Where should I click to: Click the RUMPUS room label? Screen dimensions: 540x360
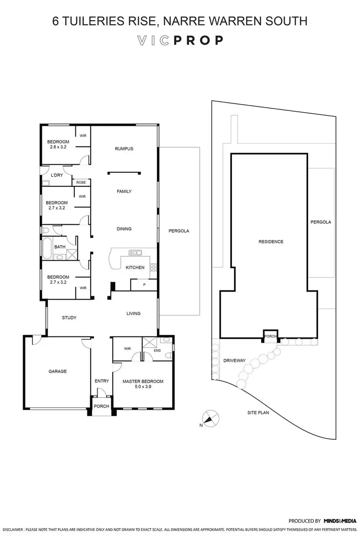coord(124,149)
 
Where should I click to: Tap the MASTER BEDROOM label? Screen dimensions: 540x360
coord(143,382)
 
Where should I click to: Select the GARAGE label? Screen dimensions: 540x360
coord(57,371)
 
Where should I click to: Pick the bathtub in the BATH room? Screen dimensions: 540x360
coord(47,249)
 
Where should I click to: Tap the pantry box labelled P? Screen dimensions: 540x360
coord(144,285)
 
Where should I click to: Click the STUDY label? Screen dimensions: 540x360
coord(69,318)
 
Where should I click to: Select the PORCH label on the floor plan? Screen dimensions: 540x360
coord(101,407)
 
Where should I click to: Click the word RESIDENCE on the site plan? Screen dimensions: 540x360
coord(271,241)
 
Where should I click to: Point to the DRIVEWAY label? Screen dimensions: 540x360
coord(234,360)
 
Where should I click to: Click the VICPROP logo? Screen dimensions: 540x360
coord(180,40)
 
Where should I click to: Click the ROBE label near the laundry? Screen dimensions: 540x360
coord(81,183)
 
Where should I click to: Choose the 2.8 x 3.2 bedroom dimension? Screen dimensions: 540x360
coord(58,147)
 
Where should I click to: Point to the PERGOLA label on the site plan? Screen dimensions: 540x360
coord(321,222)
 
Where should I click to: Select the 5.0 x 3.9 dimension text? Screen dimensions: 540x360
coord(143,387)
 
